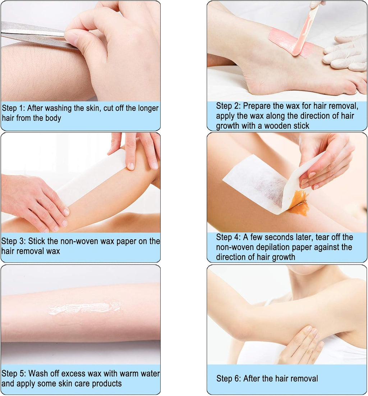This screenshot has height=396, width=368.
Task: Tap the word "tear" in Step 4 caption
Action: point(323,237)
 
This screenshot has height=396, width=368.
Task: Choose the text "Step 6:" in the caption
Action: point(229,379)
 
